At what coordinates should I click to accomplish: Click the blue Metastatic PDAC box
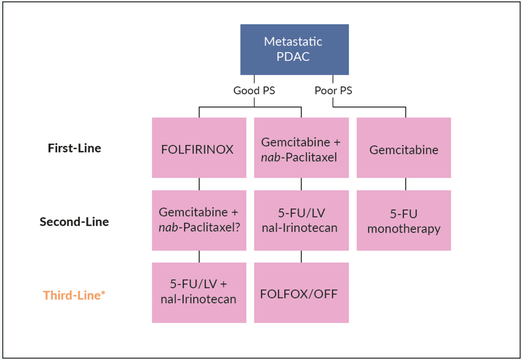(x=294, y=49)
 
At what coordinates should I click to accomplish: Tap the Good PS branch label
(x=254, y=91)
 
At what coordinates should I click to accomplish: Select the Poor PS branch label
(x=333, y=91)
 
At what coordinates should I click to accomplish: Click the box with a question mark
(x=199, y=220)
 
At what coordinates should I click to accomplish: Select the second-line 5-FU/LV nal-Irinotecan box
(x=301, y=220)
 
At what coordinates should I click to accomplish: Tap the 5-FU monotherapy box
(x=403, y=220)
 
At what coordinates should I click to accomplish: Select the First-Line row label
(x=74, y=148)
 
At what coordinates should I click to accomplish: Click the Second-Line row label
(x=74, y=221)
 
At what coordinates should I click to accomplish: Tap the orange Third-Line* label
(x=74, y=295)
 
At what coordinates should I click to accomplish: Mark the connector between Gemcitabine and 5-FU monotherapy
(x=406, y=184)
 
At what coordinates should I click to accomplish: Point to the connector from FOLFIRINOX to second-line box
(x=199, y=184)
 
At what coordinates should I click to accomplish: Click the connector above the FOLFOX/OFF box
(x=301, y=256)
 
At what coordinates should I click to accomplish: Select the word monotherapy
(x=403, y=229)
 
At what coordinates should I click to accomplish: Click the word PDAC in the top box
(x=293, y=56)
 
